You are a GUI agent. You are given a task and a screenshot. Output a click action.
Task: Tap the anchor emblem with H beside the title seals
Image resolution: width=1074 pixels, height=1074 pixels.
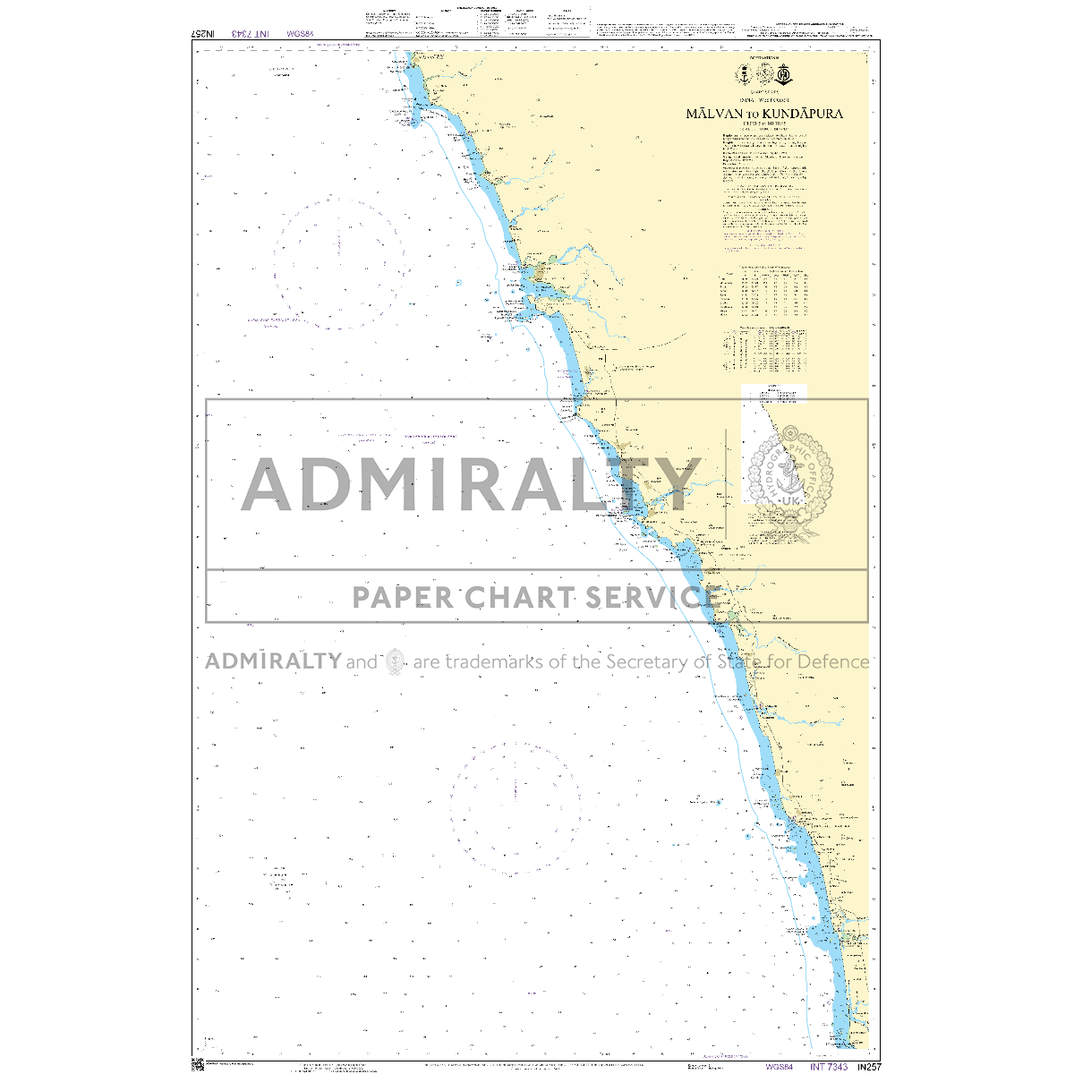click(x=784, y=74)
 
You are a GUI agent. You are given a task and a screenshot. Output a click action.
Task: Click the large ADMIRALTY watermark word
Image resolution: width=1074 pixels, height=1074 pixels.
click(x=470, y=484)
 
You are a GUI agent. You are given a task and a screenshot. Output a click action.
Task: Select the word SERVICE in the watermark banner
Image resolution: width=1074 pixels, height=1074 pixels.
click(x=649, y=596)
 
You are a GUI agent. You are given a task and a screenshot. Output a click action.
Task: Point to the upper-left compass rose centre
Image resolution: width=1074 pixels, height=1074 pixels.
click(x=339, y=264)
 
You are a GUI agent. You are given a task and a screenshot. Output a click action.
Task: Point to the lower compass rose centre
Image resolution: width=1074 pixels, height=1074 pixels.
click(x=516, y=808)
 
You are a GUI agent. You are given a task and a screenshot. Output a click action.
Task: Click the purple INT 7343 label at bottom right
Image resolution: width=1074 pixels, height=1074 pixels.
click(x=828, y=1067)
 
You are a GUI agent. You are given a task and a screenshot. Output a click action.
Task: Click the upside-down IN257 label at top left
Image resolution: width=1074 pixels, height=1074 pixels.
click(x=204, y=33)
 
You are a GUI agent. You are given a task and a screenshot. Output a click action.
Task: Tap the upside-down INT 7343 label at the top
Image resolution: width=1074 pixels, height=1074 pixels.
click(x=251, y=33)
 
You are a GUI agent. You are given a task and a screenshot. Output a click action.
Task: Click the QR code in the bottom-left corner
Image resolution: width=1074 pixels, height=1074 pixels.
click(x=198, y=1065)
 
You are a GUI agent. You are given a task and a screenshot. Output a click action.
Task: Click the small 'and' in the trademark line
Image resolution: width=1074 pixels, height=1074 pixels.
click(x=362, y=662)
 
